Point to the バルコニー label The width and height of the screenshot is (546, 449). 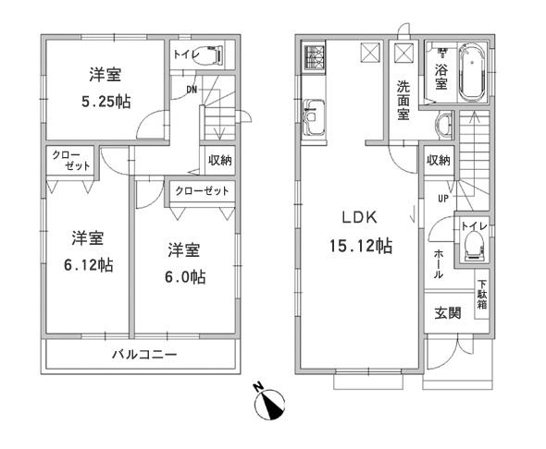[x=145, y=355]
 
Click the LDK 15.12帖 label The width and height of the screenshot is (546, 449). [x=356, y=234]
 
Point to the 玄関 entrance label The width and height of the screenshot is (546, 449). [x=449, y=313]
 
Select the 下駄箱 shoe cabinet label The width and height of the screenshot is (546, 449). [x=482, y=295]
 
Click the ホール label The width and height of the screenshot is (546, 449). [x=439, y=263]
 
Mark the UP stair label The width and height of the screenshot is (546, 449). [x=443, y=198]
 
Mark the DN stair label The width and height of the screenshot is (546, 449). [x=192, y=89]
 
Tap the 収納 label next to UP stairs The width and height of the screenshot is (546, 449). [x=439, y=160]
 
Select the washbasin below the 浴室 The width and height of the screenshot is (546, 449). [x=443, y=123]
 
